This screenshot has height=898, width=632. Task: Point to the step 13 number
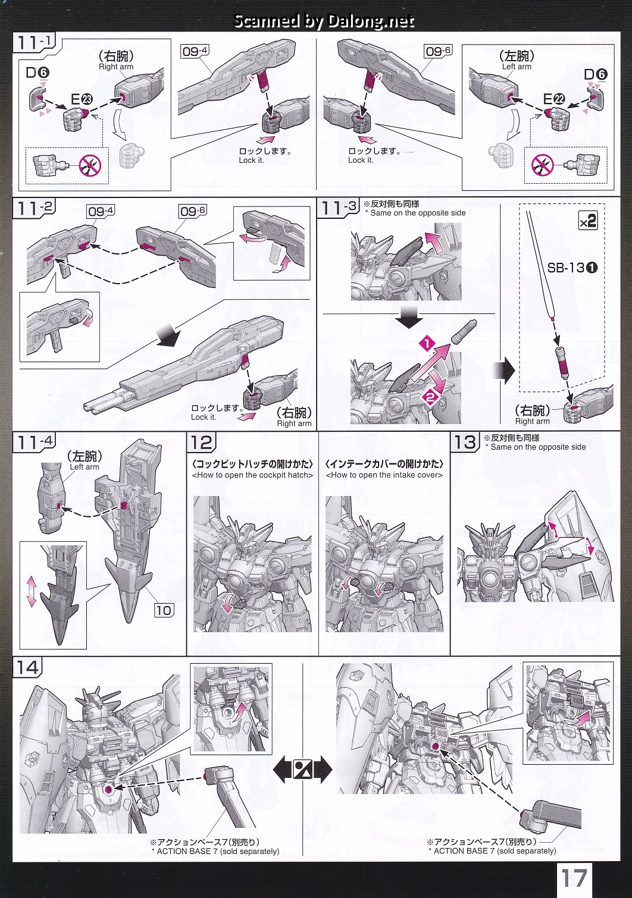point(465,442)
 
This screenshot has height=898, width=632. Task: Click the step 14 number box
point(27,667)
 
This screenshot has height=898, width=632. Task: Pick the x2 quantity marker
point(587,221)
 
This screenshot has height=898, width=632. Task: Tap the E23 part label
point(82,99)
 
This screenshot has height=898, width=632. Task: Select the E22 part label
point(553,99)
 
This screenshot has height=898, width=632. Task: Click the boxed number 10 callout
point(163,610)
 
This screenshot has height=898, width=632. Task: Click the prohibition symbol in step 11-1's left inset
point(90,165)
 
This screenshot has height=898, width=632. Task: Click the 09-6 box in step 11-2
point(193,211)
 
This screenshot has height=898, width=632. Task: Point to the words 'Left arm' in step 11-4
point(85,467)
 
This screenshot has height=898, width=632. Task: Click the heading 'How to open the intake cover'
point(384,475)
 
